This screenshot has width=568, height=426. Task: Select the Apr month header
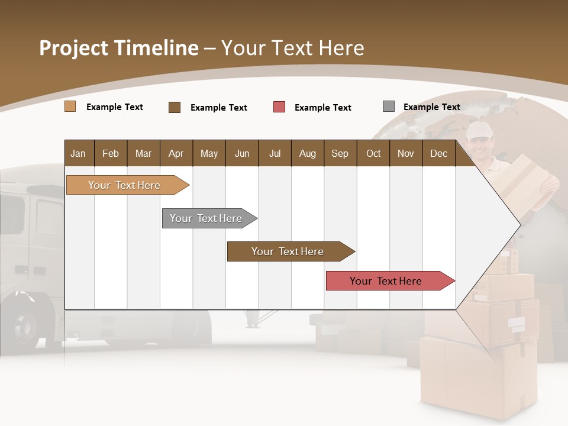pyautogui.click(x=176, y=153)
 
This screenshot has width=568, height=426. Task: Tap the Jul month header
pyautogui.click(x=275, y=153)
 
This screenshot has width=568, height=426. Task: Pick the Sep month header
pyautogui.click(x=340, y=153)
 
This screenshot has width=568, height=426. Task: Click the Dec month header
pyautogui.click(x=438, y=153)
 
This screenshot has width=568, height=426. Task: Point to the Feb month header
pyautogui.click(x=111, y=153)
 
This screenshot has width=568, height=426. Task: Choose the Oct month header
pyautogui.click(x=373, y=153)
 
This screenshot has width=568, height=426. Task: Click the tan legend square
pyautogui.click(x=70, y=106)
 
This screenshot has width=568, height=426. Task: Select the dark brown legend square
pyautogui.click(x=175, y=107)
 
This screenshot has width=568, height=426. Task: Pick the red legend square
pyautogui.click(x=279, y=107)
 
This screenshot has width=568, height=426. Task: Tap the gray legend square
pyautogui.click(x=389, y=106)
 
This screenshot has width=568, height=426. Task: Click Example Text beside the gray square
pyautogui.click(x=431, y=107)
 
